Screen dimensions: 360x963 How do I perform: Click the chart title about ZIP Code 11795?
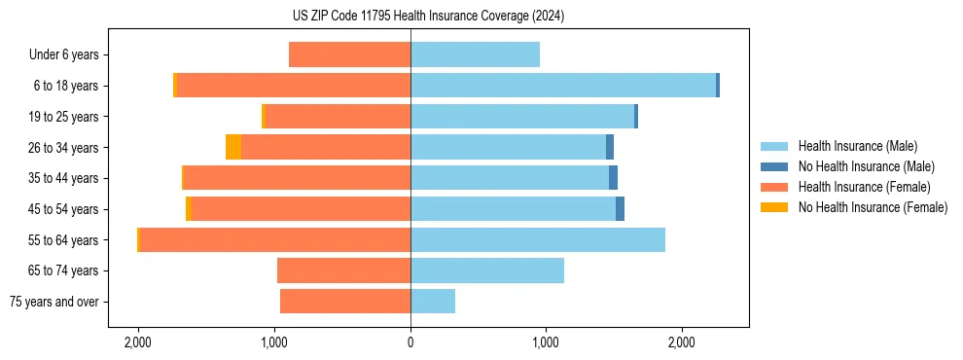[x=428, y=16]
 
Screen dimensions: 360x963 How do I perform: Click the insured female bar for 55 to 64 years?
[x=274, y=240]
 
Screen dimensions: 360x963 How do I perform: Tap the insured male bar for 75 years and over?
[x=433, y=302]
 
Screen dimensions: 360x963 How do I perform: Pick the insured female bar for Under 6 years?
[x=349, y=54]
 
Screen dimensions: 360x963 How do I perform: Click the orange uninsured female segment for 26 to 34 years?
[x=233, y=147]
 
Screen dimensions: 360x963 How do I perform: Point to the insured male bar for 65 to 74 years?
[x=487, y=270]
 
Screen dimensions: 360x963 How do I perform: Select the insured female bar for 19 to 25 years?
[x=337, y=117]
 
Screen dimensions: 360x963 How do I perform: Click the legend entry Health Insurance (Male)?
[x=857, y=146]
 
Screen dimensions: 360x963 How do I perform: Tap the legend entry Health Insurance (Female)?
[x=864, y=187]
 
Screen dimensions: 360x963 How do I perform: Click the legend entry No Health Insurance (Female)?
[x=873, y=207]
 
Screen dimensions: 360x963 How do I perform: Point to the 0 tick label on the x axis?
[x=410, y=342]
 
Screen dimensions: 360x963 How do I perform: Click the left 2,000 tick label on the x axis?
[x=138, y=342]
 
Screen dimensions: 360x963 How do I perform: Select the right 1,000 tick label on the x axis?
[x=546, y=342]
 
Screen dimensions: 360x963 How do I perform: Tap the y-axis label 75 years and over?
[x=54, y=302]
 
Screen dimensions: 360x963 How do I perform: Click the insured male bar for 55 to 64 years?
[x=538, y=240]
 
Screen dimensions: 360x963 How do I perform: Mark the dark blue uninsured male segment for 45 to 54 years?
[x=620, y=209]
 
